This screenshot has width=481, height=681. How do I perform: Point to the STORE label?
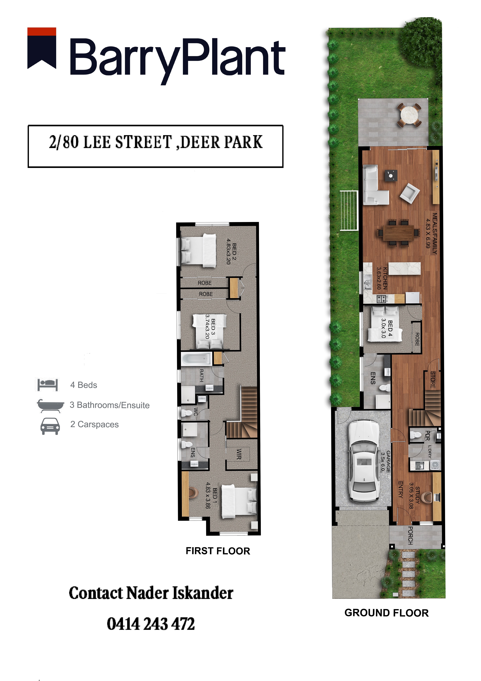click(x=433, y=380)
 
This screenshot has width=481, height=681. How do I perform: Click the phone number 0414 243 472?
click(x=151, y=624)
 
